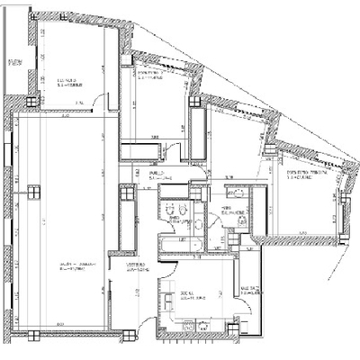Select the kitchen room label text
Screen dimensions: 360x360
tap(189, 293)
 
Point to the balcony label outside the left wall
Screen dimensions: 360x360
tap(14, 62)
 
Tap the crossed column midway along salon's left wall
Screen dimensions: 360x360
tap(32, 191)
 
